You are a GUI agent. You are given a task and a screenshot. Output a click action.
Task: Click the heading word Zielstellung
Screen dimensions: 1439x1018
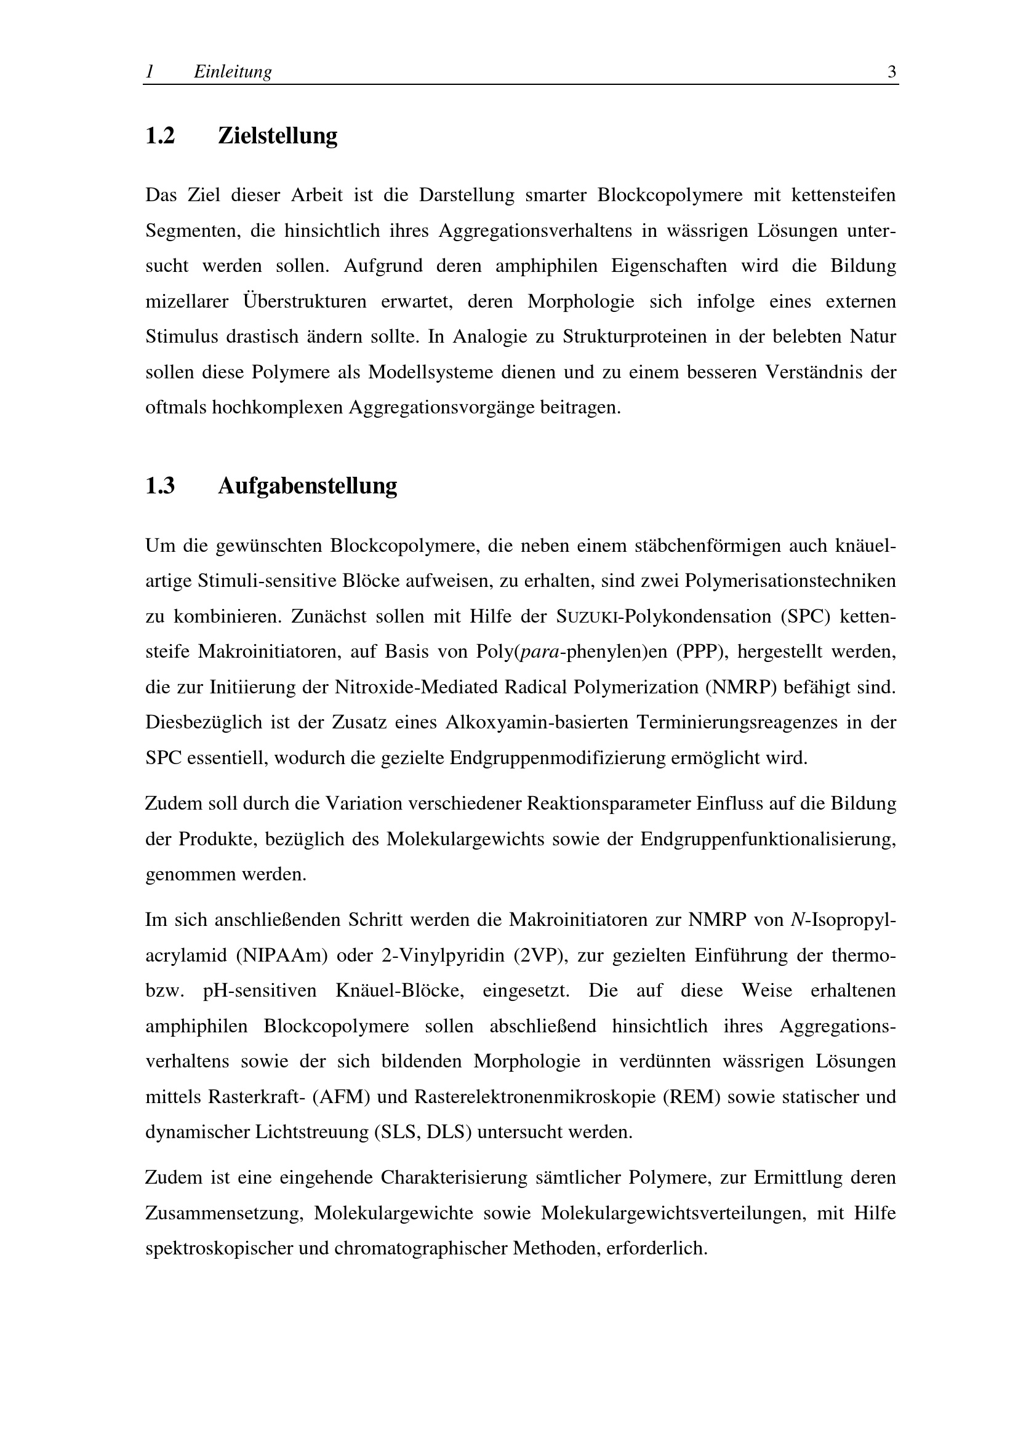[277, 135]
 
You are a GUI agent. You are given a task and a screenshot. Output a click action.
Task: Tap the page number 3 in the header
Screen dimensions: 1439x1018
[891, 72]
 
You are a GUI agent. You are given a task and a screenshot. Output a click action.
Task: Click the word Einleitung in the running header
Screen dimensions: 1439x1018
[233, 72]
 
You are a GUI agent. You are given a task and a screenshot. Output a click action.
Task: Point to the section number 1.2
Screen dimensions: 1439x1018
[160, 135]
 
